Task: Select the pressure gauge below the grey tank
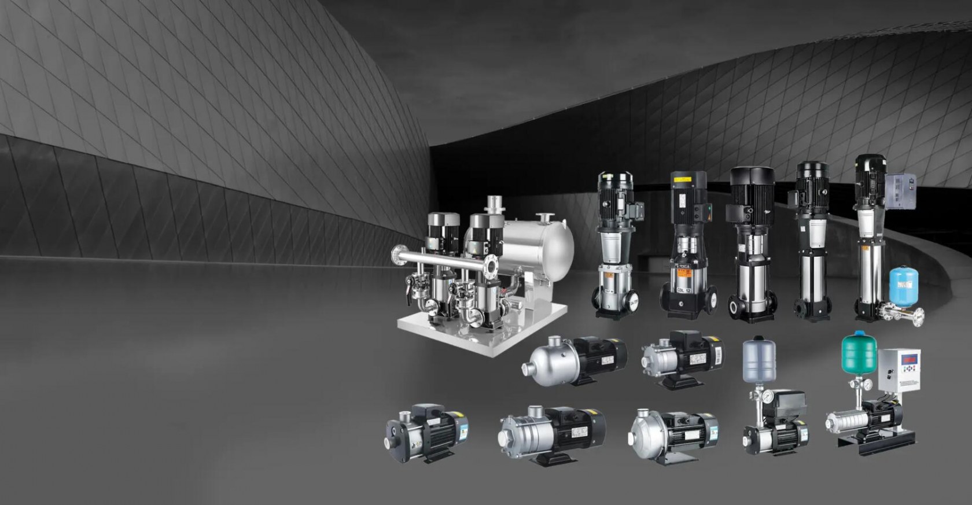pyautogui.click(x=767, y=397)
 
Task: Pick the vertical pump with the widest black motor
pyautogui.click(x=752, y=243)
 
